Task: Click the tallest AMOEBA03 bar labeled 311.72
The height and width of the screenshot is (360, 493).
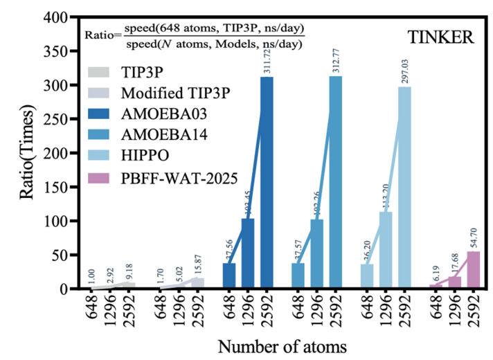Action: pyautogui.click(x=267, y=183)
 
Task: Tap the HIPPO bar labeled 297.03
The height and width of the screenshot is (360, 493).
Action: pyautogui.click(x=404, y=188)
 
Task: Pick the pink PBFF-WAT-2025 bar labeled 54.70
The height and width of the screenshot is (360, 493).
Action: pyautogui.click(x=473, y=270)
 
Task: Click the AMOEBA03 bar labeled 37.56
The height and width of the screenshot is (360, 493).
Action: pyautogui.click(x=229, y=276)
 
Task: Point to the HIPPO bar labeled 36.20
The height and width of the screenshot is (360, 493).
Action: pyautogui.click(x=367, y=276)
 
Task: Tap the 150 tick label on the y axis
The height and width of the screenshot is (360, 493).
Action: pyautogui.click(x=55, y=188)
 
